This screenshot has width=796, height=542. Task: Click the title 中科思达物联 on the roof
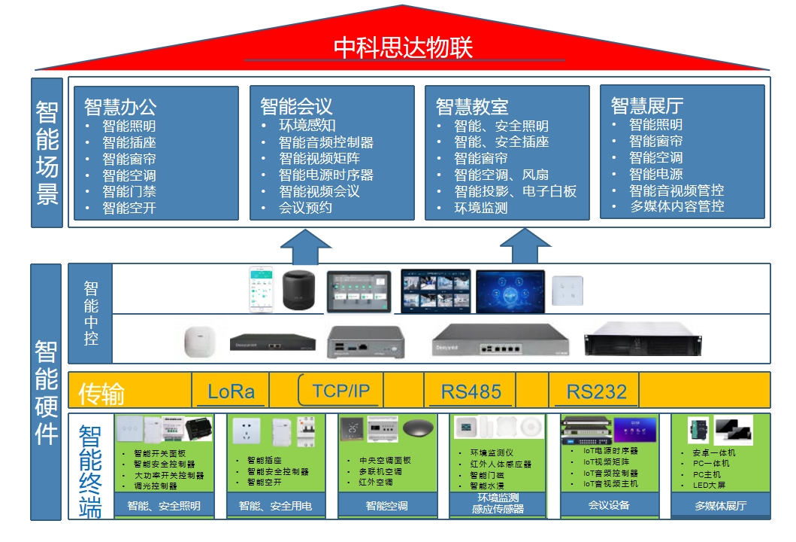pos(403,47)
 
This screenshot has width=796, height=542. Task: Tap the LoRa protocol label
pos(231,391)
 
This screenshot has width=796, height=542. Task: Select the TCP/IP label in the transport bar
pos(341,390)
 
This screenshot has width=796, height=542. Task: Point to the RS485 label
pos(471,391)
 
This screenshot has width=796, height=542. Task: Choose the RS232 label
pos(596,391)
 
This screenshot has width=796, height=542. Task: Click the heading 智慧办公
pos(120,106)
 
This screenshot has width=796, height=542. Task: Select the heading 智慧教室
pos(472,106)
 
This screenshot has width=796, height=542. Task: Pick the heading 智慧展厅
pos(647,106)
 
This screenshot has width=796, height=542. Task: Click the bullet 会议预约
pos(305,207)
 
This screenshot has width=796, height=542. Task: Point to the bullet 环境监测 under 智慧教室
pos(480,208)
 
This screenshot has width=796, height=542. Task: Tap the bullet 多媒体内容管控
pos(676,206)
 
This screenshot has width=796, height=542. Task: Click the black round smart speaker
pos(301,291)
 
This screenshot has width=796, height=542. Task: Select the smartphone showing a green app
pos(261,290)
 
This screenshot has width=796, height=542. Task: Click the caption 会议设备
pos(609,505)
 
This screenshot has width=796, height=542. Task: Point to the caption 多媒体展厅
pos(720,506)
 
